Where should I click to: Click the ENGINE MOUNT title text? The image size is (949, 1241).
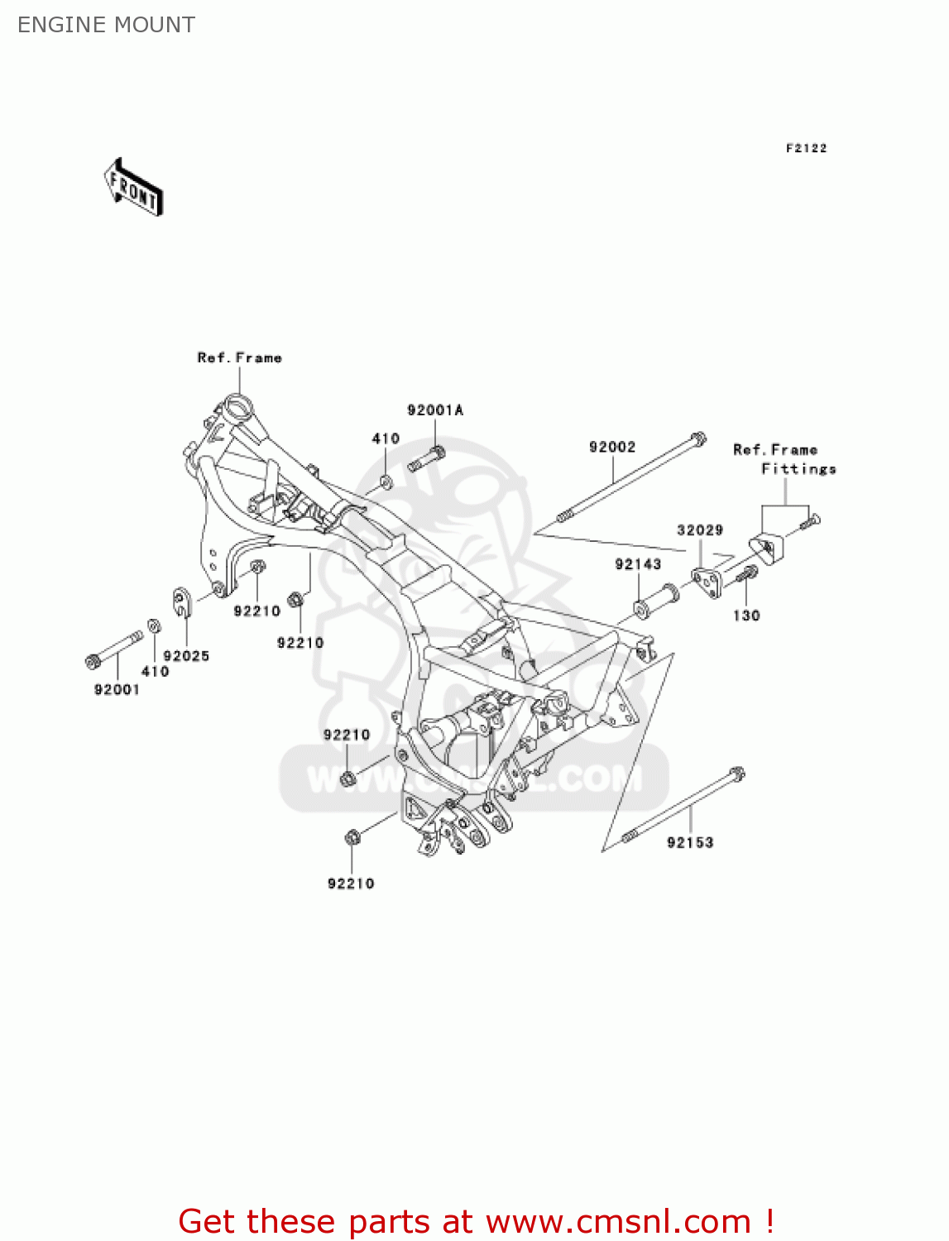(106, 25)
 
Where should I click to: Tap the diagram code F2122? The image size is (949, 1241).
(806, 148)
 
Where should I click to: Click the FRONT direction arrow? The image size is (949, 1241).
(133, 188)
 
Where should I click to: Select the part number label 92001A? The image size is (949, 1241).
(435, 410)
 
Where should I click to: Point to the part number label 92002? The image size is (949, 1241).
(612, 447)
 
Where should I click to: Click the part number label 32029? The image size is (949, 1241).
(700, 530)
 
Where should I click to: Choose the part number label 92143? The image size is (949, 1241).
(638, 564)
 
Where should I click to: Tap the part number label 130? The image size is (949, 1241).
(746, 616)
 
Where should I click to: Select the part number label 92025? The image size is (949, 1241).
(186, 656)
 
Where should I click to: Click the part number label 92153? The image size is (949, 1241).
(690, 842)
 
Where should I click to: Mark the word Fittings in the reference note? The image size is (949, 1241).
(798, 469)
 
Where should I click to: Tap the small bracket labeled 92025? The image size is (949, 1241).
(182, 601)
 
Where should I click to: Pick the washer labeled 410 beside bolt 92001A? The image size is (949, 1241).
(386, 482)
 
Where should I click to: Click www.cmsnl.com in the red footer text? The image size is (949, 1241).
(617, 1221)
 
